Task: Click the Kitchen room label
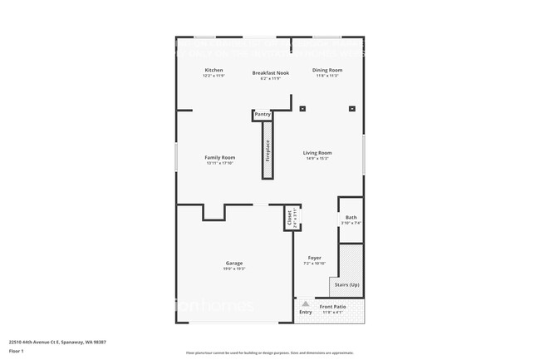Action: [214, 70]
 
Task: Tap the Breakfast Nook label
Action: [270, 73]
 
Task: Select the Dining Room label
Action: [326, 70]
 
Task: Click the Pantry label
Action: [263, 114]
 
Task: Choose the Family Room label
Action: [220, 157]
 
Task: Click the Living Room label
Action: [317, 153]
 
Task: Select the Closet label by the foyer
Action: [290, 219]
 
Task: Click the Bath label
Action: [351, 218]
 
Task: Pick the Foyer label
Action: [315, 258]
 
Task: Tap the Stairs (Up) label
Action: [346, 284]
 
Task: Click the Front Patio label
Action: [332, 307]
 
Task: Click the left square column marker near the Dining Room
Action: [302, 108]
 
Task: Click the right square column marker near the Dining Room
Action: [351, 108]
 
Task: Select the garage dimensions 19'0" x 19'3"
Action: [234, 269]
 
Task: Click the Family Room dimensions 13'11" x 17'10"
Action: [220, 163]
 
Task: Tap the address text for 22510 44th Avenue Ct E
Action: [57, 342]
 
